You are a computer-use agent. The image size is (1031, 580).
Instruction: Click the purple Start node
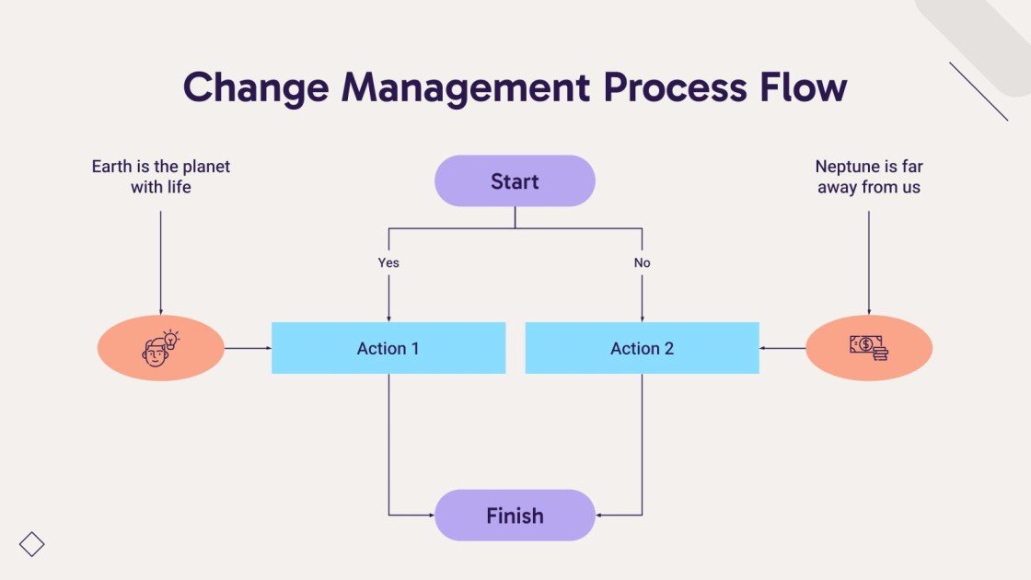tap(515, 180)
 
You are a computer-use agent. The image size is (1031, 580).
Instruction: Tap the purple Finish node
tap(515, 515)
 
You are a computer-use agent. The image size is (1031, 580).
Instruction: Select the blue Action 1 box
tap(388, 348)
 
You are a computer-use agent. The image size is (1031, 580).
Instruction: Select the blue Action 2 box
tap(642, 348)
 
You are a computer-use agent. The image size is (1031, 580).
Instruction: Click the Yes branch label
tap(388, 262)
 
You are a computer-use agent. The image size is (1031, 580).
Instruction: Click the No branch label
tap(642, 262)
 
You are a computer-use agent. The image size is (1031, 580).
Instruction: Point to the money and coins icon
tap(868, 347)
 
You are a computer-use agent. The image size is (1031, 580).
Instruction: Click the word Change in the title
tap(256, 87)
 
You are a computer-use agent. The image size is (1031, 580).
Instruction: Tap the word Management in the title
tap(466, 87)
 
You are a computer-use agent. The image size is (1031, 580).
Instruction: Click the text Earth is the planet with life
tap(160, 177)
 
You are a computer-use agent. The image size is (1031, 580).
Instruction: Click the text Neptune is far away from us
tap(868, 177)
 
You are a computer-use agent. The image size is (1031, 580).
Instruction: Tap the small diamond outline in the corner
tap(32, 544)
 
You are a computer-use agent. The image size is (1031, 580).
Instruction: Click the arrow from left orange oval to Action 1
tap(248, 348)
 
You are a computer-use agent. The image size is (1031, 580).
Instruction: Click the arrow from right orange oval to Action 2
tap(782, 348)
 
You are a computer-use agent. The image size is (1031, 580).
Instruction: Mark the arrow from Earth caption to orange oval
tap(160, 262)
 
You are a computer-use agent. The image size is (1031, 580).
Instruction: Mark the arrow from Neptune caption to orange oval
tap(868, 262)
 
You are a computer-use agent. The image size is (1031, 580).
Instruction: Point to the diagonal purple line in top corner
tap(979, 91)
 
